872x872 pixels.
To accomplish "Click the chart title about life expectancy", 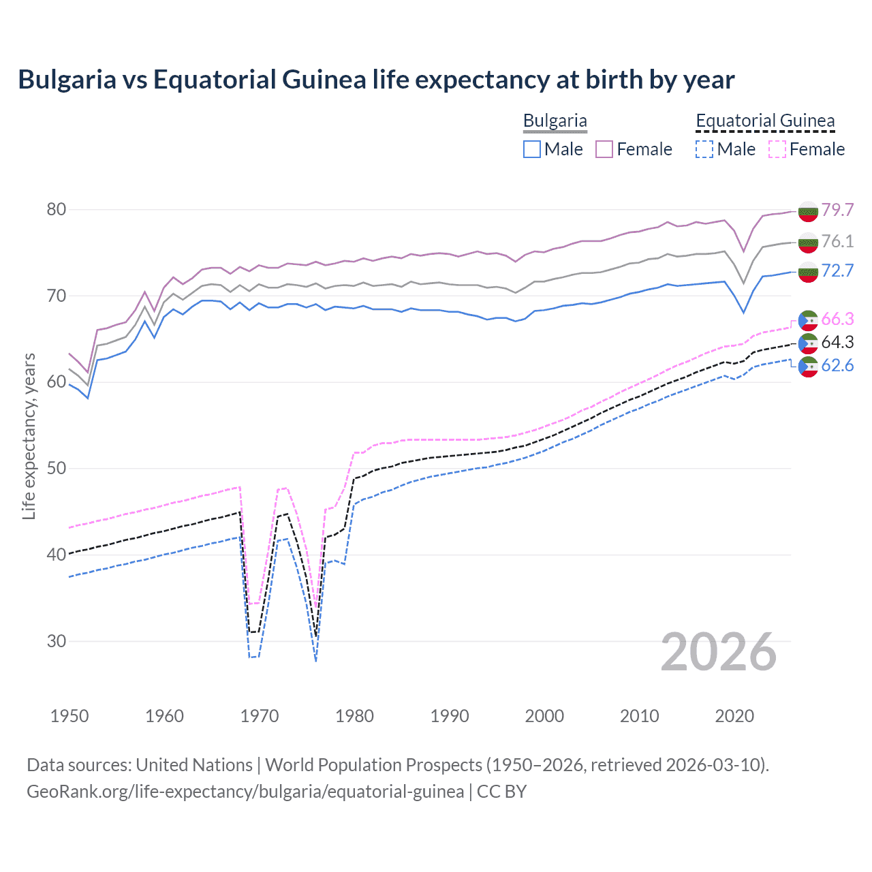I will click(376, 80).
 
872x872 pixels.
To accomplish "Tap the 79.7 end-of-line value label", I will click(837, 210).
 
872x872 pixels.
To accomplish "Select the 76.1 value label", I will click(837, 241).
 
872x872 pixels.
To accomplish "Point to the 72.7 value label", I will click(837, 271).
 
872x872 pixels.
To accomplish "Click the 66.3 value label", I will click(837, 319).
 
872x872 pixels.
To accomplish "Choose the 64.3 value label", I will click(837, 342).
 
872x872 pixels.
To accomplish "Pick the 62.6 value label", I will click(837, 366).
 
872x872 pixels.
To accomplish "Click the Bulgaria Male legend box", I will click(532, 149).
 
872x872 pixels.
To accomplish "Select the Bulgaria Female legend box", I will click(604, 149).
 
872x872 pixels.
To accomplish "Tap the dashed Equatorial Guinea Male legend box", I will click(704, 149).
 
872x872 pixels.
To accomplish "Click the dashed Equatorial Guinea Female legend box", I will click(777, 149).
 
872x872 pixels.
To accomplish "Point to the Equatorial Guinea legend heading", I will click(765, 121).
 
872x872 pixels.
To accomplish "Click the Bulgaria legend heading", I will click(555, 121).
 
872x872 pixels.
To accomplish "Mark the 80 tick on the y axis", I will click(57, 210).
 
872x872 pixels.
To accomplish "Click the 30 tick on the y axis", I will click(57, 641).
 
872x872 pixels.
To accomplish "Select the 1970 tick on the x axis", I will click(260, 716).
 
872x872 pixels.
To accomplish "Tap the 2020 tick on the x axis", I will click(734, 716).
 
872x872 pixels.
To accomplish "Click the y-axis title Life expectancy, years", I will click(29, 436).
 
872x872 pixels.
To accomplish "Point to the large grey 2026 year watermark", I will click(719, 652).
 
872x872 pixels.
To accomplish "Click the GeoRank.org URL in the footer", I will click(245, 792).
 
